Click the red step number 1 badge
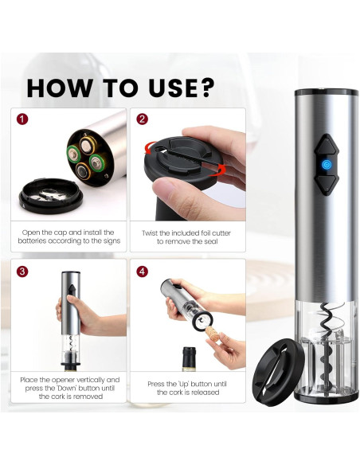click(x=22, y=120)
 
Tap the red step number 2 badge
click(x=143, y=120)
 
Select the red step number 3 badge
click(x=22, y=271)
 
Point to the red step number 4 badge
click(x=143, y=271)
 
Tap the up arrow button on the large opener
click(x=327, y=143)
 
